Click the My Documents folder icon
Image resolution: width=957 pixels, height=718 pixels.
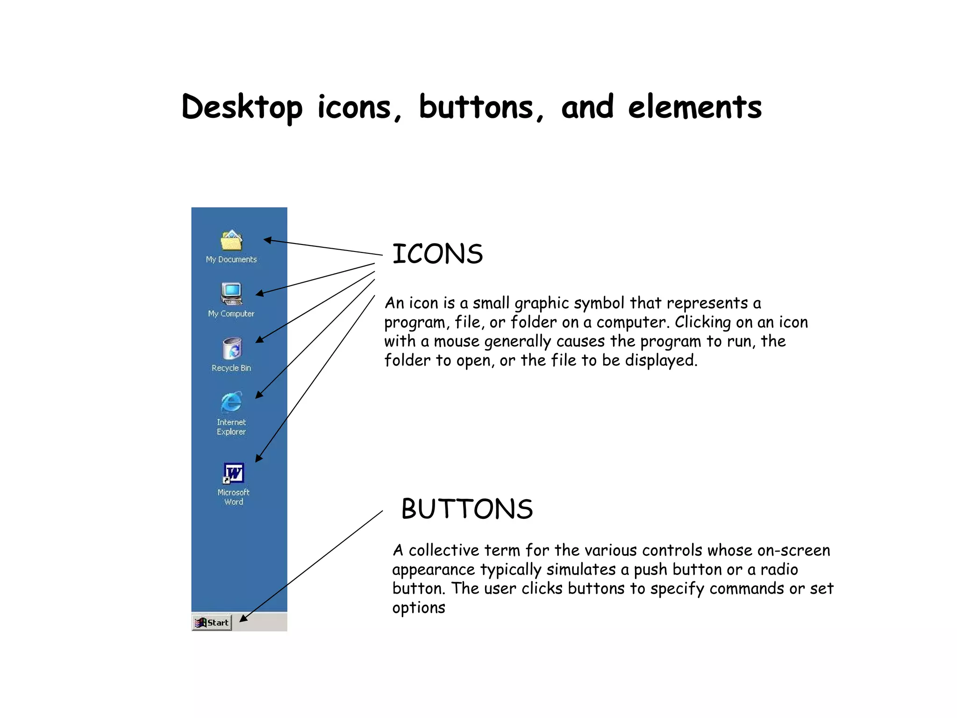pos(231,240)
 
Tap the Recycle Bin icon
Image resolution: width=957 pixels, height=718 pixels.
pos(232,349)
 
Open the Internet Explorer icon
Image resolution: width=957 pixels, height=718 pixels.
pos(231,402)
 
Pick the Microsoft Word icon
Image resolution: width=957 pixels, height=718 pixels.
pos(233,474)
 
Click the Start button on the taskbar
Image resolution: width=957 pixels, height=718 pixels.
pos(212,622)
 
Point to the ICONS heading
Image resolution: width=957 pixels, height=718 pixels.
pos(437,254)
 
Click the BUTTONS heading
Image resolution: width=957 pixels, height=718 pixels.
pos(467,509)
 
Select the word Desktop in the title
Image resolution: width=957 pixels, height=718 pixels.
pos(242,108)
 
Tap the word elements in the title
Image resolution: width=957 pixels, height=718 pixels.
pos(694,108)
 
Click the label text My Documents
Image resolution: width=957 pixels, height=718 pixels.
pos(231,259)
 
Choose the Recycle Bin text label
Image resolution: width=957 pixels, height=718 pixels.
pos(231,368)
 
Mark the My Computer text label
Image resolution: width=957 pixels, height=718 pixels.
pos(231,314)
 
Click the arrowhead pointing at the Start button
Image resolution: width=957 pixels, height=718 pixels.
pos(243,619)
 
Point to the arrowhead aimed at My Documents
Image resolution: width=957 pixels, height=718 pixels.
pos(267,240)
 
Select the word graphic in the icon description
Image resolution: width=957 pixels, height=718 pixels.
pos(541,304)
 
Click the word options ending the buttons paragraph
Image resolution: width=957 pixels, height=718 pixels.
pos(419,608)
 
